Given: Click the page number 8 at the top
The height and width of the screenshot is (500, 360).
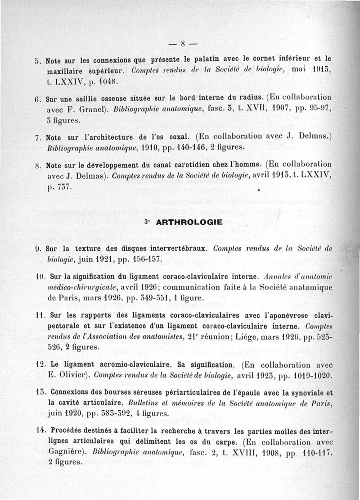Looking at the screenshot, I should [x=183, y=44].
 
